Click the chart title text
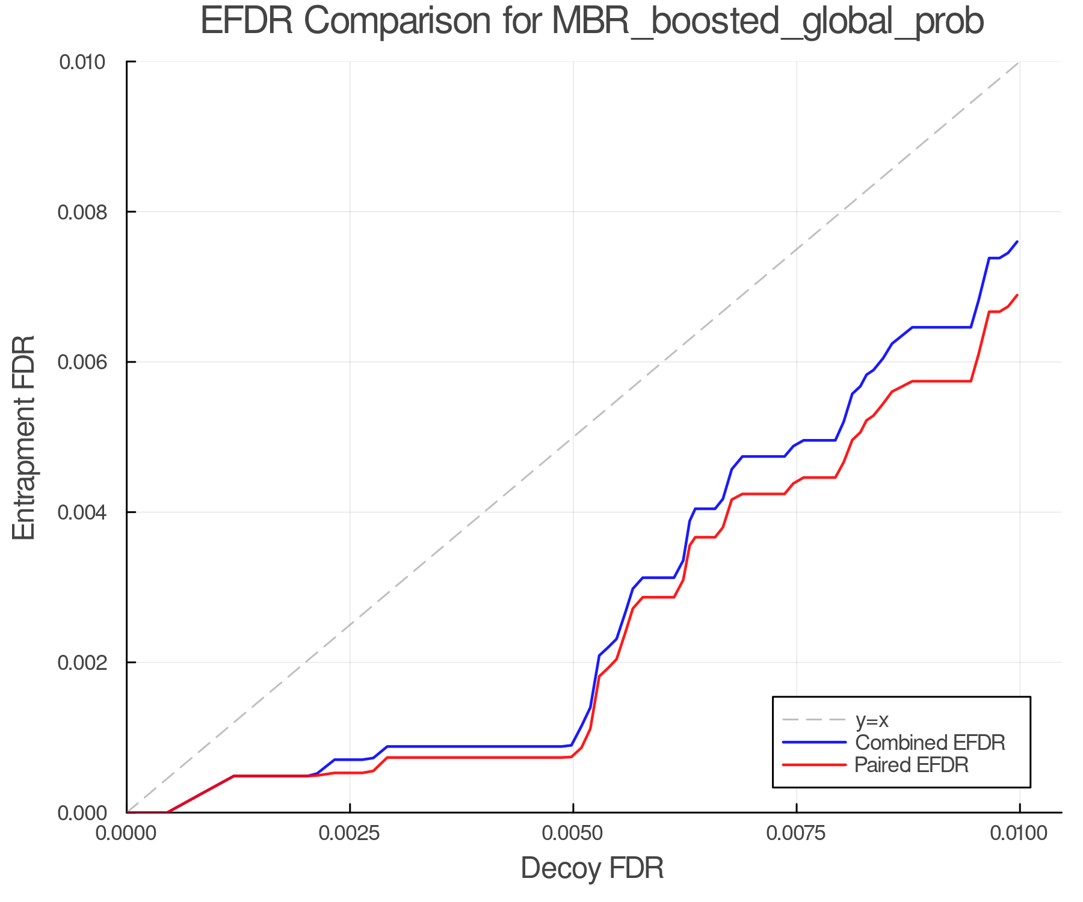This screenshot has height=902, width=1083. click(592, 22)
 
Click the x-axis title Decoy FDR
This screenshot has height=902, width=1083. click(592, 868)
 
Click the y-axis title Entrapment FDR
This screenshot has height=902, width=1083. click(24, 437)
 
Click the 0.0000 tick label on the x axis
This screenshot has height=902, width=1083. click(126, 834)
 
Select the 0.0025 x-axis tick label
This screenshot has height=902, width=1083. click(350, 834)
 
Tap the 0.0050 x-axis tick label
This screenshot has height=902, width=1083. click(573, 834)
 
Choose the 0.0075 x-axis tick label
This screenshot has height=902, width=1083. click(796, 834)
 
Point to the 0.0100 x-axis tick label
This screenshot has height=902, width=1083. click(1019, 834)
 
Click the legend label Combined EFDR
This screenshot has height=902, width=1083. click(930, 743)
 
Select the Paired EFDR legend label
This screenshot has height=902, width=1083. click(912, 765)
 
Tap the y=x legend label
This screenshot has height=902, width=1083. click(872, 720)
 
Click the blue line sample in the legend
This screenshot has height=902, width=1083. click(814, 743)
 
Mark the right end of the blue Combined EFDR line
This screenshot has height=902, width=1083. click(1017, 241)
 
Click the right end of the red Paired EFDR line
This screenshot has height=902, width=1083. click(1017, 295)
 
